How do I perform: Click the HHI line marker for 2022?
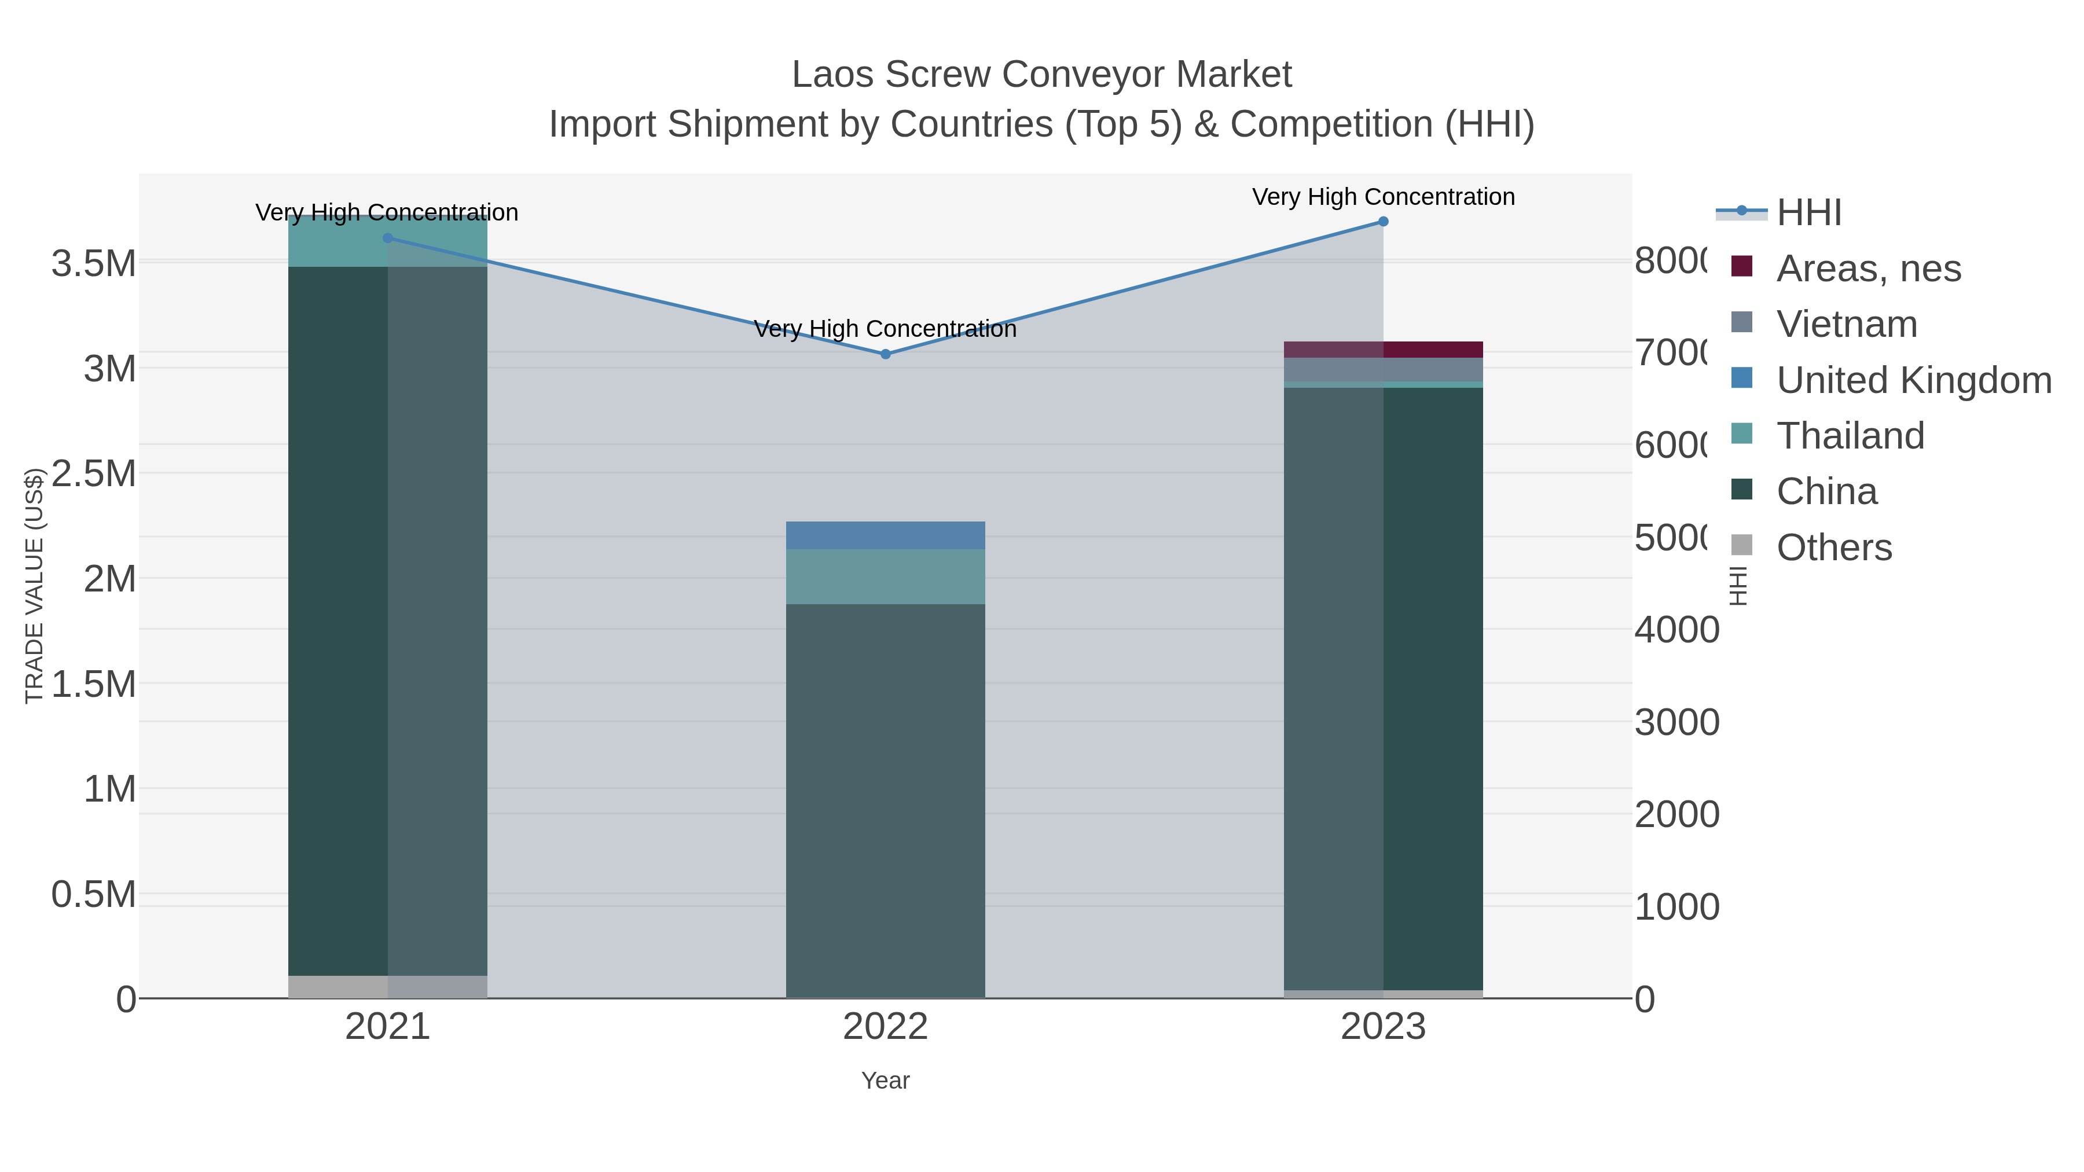[885, 354]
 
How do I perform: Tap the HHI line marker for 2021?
[387, 238]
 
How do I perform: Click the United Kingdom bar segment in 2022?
[885, 535]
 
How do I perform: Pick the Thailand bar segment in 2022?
[885, 576]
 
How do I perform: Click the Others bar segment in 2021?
[387, 987]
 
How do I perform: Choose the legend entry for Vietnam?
[1846, 324]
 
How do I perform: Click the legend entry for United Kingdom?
[1913, 380]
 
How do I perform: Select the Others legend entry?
[1833, 548]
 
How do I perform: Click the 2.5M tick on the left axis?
[94, 474]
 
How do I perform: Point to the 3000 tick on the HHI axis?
[1676, 722]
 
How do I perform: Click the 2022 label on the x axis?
[885, 1027]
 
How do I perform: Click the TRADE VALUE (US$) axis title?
[34, 586]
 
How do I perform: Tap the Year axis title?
[885, 1081]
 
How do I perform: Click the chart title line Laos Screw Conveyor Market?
[1041, 75]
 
